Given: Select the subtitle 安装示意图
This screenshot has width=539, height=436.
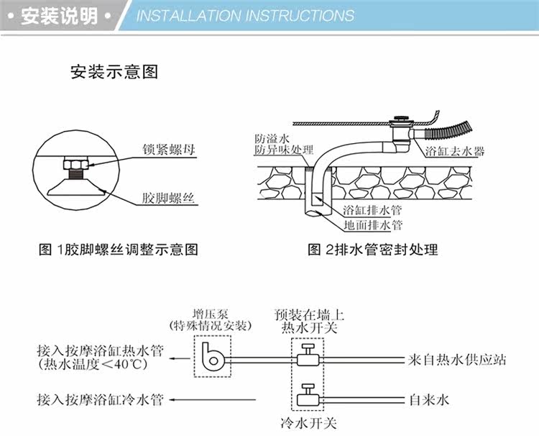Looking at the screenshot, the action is pyautogui.click(x=114, y=72).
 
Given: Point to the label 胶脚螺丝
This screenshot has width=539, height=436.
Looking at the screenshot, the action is pyautogui.click(x=168, y=199).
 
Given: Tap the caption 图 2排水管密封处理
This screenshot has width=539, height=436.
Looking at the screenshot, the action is pyautogui.click(x=372, y=250).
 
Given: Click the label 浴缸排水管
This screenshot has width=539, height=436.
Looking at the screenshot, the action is pyautogui.click(x=372, y=209).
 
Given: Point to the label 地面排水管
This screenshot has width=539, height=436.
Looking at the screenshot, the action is pyautogui.click(x=372, y=225).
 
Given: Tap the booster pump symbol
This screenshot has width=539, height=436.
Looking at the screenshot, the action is pyautogui.click(x=212, y=357).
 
